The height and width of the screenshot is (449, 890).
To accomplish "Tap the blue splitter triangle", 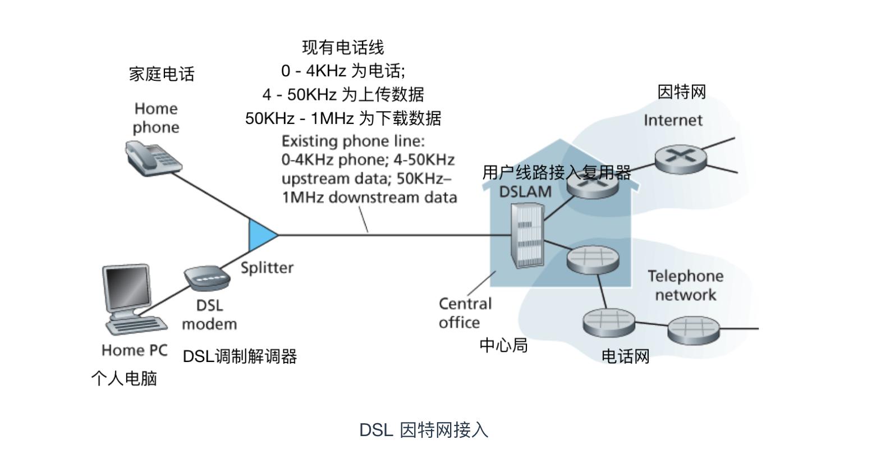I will coord(261,235).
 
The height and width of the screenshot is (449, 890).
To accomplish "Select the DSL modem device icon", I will coord(207,278).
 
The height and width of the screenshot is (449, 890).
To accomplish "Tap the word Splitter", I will coord(267,268).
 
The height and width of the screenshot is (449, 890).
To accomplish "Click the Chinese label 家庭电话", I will coord(162,74).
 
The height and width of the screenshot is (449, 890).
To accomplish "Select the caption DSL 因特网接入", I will coord(424,430).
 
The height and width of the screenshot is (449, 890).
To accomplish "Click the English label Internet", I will coord(673,120).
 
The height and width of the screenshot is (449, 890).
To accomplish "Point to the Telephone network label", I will coord(685,285).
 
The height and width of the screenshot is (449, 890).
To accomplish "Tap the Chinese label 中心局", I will coord(503,345).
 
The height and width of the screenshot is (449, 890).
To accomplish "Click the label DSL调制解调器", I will coord(240,356).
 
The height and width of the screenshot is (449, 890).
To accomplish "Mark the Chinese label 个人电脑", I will coord(124,378).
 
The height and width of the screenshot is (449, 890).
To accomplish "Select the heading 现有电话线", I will coord(343,47).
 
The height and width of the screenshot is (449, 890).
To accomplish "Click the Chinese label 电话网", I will coord(625,356).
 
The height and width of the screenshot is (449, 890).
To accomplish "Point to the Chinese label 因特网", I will coord(681,92).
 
